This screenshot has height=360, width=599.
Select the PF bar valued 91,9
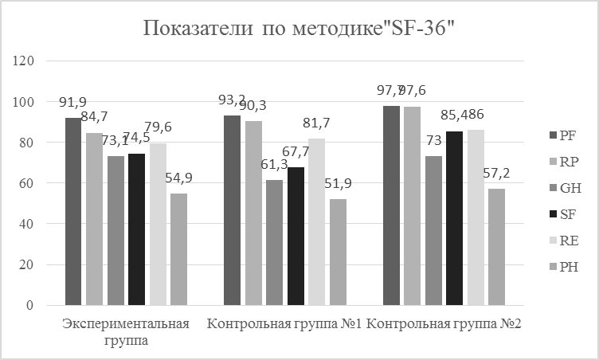tap(73, 211)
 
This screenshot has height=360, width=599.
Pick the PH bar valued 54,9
tap(178, 248)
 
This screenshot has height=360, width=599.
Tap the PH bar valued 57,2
tap(496, 246)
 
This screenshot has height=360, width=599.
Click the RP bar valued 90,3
tap(253, 213)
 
